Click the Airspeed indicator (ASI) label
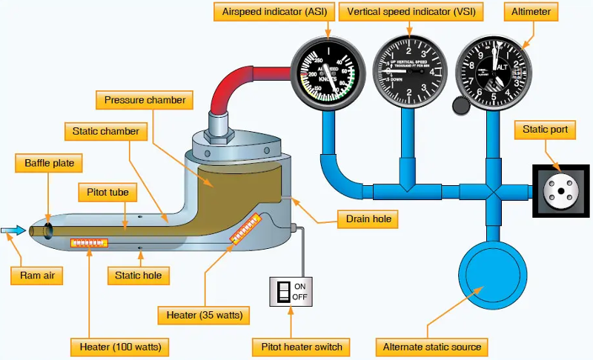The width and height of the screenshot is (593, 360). (272, 13)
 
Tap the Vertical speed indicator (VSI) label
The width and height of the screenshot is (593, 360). (405, 13)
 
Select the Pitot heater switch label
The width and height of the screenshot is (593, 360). (297, 347)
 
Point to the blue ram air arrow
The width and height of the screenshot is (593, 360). (13, 231)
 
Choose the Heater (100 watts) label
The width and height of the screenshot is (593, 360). (120, 347)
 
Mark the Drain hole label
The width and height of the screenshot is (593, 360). (366, 219)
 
